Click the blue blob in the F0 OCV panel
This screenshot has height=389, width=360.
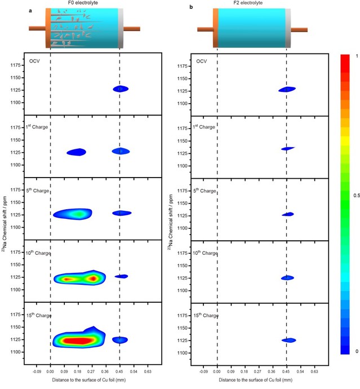[120, 89]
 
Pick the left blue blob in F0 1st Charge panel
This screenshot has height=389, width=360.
[77, 152]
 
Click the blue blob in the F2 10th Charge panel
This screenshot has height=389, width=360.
[287, 278]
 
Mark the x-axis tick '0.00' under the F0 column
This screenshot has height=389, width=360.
[50, 372]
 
